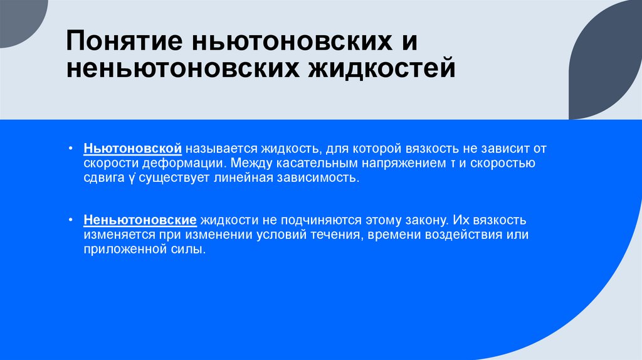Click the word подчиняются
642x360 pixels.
pos(300,222)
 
